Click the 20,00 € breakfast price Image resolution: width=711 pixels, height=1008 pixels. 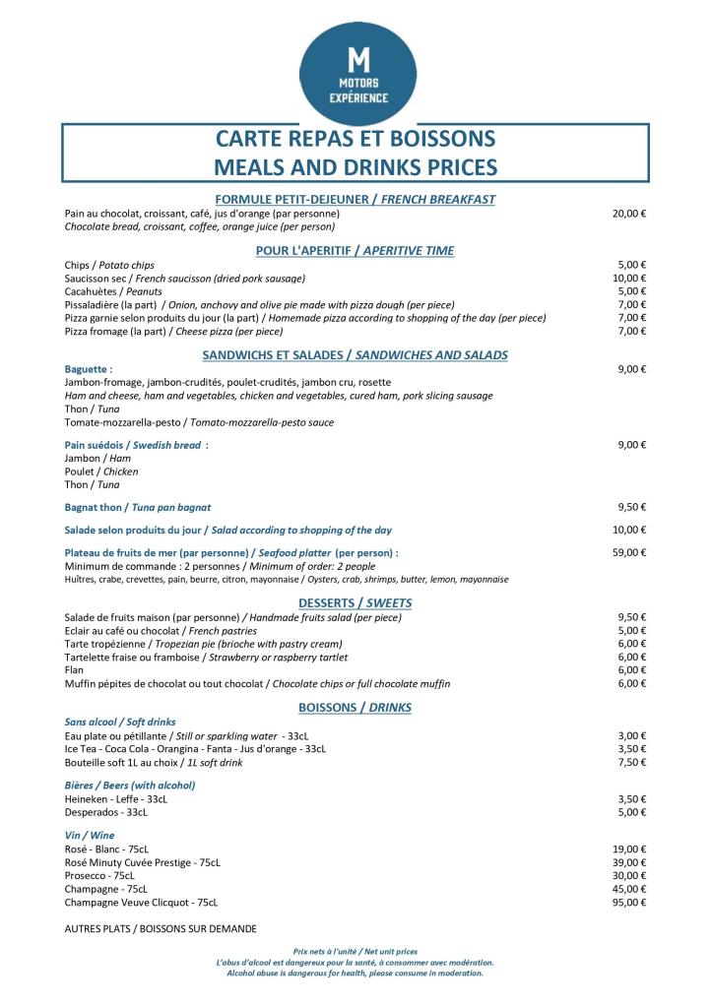[x=629, y=214]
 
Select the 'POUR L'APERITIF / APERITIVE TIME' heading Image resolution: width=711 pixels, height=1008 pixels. [x=355, y=250]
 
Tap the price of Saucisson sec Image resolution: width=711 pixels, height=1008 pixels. [x=629, y=279]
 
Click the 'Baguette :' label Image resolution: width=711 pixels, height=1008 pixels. [x=89, y=369]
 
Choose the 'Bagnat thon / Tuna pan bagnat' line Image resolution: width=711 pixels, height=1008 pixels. [x=138, y=507]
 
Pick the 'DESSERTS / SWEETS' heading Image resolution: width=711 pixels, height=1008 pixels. [x=355, y=602]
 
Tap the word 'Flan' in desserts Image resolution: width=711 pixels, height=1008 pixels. [x=74, y=670]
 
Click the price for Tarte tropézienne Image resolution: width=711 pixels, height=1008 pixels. [x=631, y=644]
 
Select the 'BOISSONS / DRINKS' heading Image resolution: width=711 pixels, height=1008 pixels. [x=355, y=707]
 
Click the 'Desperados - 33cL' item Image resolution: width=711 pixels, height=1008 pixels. [x=105, y=812]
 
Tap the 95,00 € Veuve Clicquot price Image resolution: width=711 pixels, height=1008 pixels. [x=629, y=902]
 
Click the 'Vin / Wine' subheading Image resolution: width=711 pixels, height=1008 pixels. [x=90, y=835]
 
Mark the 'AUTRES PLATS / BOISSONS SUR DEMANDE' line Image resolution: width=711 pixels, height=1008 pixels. [x=161, y=928]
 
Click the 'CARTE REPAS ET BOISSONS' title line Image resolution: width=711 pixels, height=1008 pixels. [x=355, y=139]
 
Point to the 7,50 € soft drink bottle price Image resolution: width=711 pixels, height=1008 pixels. [x=631, y=762]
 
